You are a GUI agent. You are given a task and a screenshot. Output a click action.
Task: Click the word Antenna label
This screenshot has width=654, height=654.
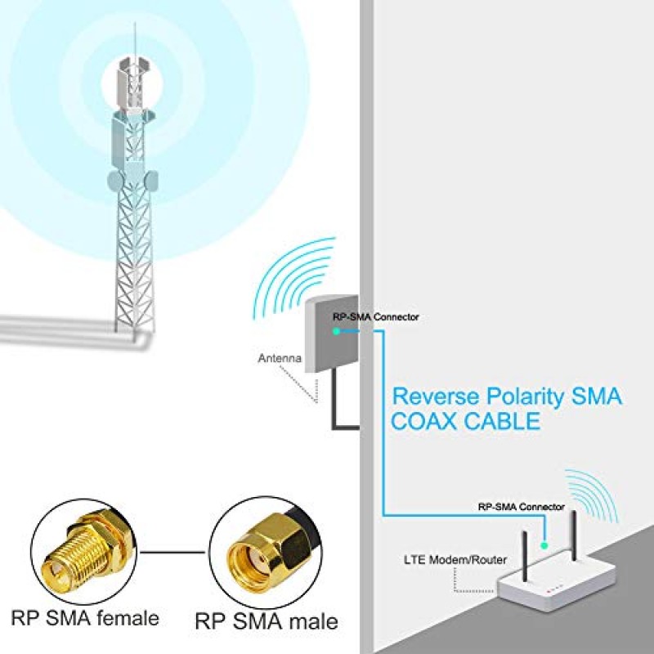[280, 358]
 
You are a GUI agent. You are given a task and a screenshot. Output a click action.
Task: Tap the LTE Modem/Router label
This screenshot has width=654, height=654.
[455, 560]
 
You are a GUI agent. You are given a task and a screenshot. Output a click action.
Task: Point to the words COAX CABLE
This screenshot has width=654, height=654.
[466, 422]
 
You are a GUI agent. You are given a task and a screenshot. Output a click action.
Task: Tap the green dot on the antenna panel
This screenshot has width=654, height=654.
[336, 330]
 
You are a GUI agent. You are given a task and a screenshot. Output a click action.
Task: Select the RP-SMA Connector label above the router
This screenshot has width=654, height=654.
[521, 507]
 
